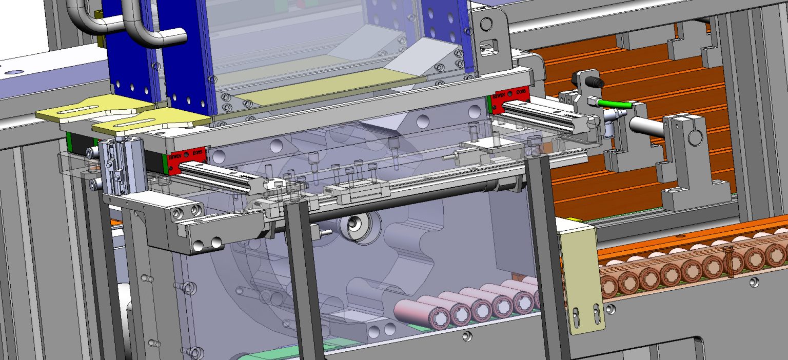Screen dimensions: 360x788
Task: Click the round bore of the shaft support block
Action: [696, 136]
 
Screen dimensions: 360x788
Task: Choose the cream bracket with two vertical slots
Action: [582, 277]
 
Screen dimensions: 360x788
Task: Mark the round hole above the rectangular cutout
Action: [485, 23]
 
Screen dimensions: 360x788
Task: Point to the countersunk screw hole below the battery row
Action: [466, 336]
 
